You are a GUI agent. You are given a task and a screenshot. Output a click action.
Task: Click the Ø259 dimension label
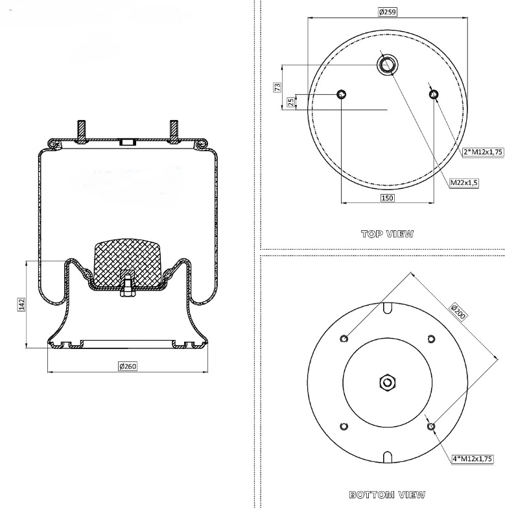[x=388, y=12]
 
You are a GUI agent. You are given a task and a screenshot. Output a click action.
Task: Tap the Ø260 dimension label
[x=128, y=367]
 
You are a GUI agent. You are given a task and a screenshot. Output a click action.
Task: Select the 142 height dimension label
[x=21, y=304]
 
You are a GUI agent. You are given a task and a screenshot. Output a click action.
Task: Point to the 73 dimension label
[x=277, y=87]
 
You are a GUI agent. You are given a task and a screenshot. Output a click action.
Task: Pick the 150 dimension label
[x=388, y=198]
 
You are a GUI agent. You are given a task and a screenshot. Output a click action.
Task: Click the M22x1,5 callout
[x=464, y=183]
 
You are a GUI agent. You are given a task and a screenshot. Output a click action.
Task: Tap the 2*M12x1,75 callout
[x=483, y=152]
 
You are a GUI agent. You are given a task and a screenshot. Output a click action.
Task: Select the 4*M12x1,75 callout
[x=473, y=459]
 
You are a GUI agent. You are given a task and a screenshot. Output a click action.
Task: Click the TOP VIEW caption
[x=387, y=234]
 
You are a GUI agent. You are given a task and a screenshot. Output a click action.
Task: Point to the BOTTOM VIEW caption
[x=387, y=495]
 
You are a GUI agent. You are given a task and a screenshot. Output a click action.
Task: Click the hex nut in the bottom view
[x=387, y=382]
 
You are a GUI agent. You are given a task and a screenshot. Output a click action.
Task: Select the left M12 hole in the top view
[x=341, y=95]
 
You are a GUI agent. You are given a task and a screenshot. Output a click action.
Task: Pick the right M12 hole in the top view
[x=434, y=95]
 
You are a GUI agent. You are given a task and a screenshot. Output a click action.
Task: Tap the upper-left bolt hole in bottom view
[x=344, y=338]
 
